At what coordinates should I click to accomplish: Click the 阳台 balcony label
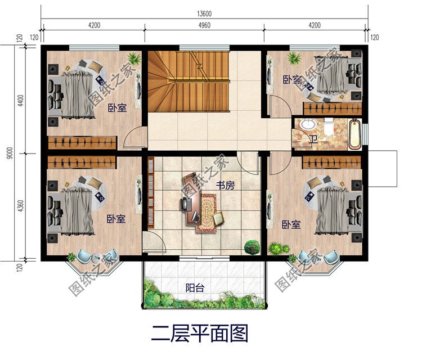[195, 287]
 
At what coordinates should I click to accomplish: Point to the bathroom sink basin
[307, 124]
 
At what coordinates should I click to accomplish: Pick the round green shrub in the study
[252, 246]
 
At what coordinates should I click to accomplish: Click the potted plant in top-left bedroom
[134, 58]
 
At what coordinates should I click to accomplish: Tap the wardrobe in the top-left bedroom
[82, 143]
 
